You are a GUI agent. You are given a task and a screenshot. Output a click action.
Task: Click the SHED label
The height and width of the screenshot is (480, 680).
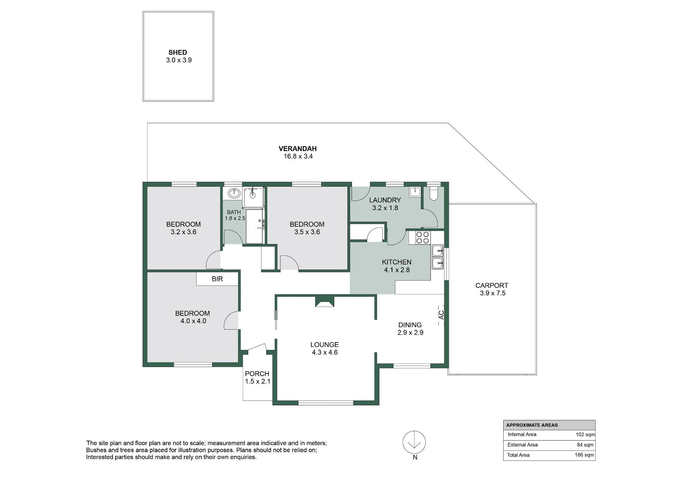tap(178, 52)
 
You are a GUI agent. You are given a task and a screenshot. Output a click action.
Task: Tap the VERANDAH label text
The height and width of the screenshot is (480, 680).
tap(297, 149)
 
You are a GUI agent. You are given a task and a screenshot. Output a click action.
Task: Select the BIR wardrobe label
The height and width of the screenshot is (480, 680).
tap(217, 279)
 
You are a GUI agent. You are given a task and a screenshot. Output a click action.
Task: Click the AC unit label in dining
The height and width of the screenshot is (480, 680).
tap(441, 315)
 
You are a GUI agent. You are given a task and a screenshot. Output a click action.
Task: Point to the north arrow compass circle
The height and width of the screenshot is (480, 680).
tap(414, 442)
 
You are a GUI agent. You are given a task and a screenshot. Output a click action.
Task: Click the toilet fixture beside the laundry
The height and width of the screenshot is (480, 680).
tap(434, 194)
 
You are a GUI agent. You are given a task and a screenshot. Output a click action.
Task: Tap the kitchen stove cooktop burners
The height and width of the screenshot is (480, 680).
tap(422, 237)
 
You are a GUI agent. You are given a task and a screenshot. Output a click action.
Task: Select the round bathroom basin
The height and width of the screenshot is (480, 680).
tap(234, 193)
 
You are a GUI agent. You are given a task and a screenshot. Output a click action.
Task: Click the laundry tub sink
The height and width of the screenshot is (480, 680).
tap(415, 191)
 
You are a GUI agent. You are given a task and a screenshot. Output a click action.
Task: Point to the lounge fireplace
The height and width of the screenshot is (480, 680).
tap(325, 301)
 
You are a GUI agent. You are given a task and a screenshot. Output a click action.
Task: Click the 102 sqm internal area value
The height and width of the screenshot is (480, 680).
tap(585, 435)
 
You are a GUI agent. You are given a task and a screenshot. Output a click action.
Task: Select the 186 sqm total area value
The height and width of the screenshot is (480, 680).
tap(584, 455)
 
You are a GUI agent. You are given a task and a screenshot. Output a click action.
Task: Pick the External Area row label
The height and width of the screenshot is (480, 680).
tap(523, 445)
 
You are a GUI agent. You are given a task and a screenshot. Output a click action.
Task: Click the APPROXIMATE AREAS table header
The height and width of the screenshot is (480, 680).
tap(532, 425)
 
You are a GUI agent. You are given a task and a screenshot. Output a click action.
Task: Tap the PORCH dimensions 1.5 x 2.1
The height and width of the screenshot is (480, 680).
tap(257, 381)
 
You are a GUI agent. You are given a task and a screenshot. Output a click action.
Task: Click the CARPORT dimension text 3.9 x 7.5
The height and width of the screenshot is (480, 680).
tap(492, 293)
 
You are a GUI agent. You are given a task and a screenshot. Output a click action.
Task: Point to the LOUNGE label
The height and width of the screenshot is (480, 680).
tap(324, 345)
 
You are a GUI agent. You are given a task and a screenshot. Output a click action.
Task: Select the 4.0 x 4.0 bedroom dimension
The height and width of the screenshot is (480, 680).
tap(193, 321)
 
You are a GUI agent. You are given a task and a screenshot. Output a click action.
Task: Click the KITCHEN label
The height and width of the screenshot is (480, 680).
tap(396, 262)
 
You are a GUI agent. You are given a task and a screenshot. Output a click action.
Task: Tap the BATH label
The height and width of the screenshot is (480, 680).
tap(234, 212)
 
